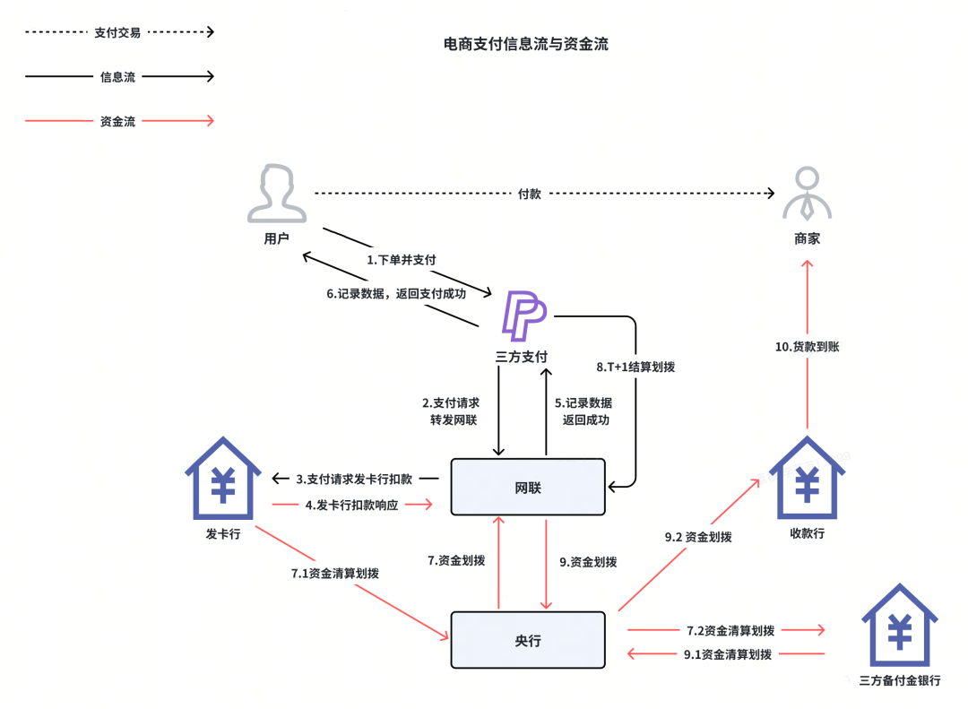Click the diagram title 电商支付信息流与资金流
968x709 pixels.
pyautogui.click(x=526, y=44)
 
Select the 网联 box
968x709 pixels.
pyautogui.click(x=528, y=487)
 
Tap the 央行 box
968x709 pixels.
pyautogui.click(x=528, y=640)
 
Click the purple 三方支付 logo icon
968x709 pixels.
pyautogui.click(x=524, y=316)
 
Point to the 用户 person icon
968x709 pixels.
pyautogui.click(x=277, y=193)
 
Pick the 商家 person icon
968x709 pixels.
pyautogui.click(x=807, y=194)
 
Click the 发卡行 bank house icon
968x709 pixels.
pyautogui.click(x=223, y=478)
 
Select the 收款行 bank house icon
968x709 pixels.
pyautogui.click(x=807, y=478)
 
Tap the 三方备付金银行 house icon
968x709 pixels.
pyautogui.click(x=900, y=625)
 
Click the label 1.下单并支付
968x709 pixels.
pyautogui.click(x=402, y=260)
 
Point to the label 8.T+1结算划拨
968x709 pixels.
pyautogui.click(x=635, y=367)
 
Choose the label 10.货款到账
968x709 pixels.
pyautogui.click(x=807, y=347)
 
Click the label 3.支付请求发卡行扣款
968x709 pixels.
pyautogui.click(x=354, y=479)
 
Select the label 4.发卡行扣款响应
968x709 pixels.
pyautogui.click(x=351, y=505)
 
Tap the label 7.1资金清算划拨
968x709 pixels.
pyautogui.click(x=334, y=573)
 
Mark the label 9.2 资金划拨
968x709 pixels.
pyautogui.click(x=698, y=537)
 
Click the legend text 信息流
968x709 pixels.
pyautogui.click(x=117, y=76)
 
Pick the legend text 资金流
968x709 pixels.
pyautogui.click(x=117, y=121)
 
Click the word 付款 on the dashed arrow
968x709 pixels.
pyautogui.click(x=529, y=194)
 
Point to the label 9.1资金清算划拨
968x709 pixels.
pyautogui.click(x=727, y=654)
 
